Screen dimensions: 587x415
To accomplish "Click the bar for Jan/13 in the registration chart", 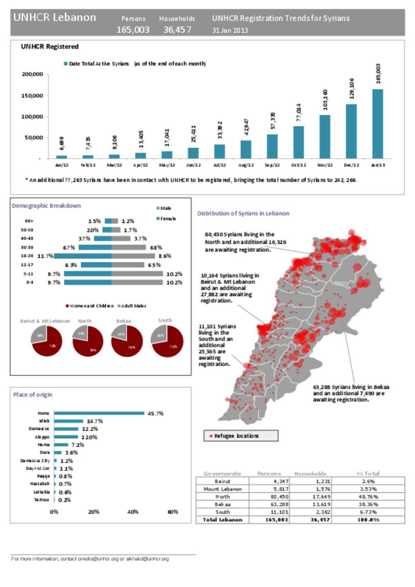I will (377, 124).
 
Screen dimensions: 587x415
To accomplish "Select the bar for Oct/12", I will (298, 142).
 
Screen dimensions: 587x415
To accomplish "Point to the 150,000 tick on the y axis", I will (32, 96).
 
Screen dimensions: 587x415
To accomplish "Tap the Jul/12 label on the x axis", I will (219, 165).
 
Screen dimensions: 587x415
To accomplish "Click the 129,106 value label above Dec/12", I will (351, 88).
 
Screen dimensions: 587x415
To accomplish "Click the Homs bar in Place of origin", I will (99, 413).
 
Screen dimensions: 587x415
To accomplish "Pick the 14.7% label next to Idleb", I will (94, 421).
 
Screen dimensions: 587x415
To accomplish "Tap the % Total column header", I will (368, 474).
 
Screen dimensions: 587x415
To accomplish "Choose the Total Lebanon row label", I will (222, 520).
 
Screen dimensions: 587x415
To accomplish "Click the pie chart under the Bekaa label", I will (127, 341).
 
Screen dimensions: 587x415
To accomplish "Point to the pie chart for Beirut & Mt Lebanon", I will (47, 341).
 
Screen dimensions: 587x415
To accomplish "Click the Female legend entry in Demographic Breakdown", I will (166, 219).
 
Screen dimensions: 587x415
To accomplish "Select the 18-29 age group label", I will (27, 256).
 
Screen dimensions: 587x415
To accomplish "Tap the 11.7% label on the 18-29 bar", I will (45, 256).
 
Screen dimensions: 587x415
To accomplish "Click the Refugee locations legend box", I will (241, 436).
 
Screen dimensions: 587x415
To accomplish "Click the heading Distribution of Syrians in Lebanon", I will (243, 213).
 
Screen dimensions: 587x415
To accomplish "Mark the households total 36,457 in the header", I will (177, 30).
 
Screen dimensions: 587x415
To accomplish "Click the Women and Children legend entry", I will (89, 306).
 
